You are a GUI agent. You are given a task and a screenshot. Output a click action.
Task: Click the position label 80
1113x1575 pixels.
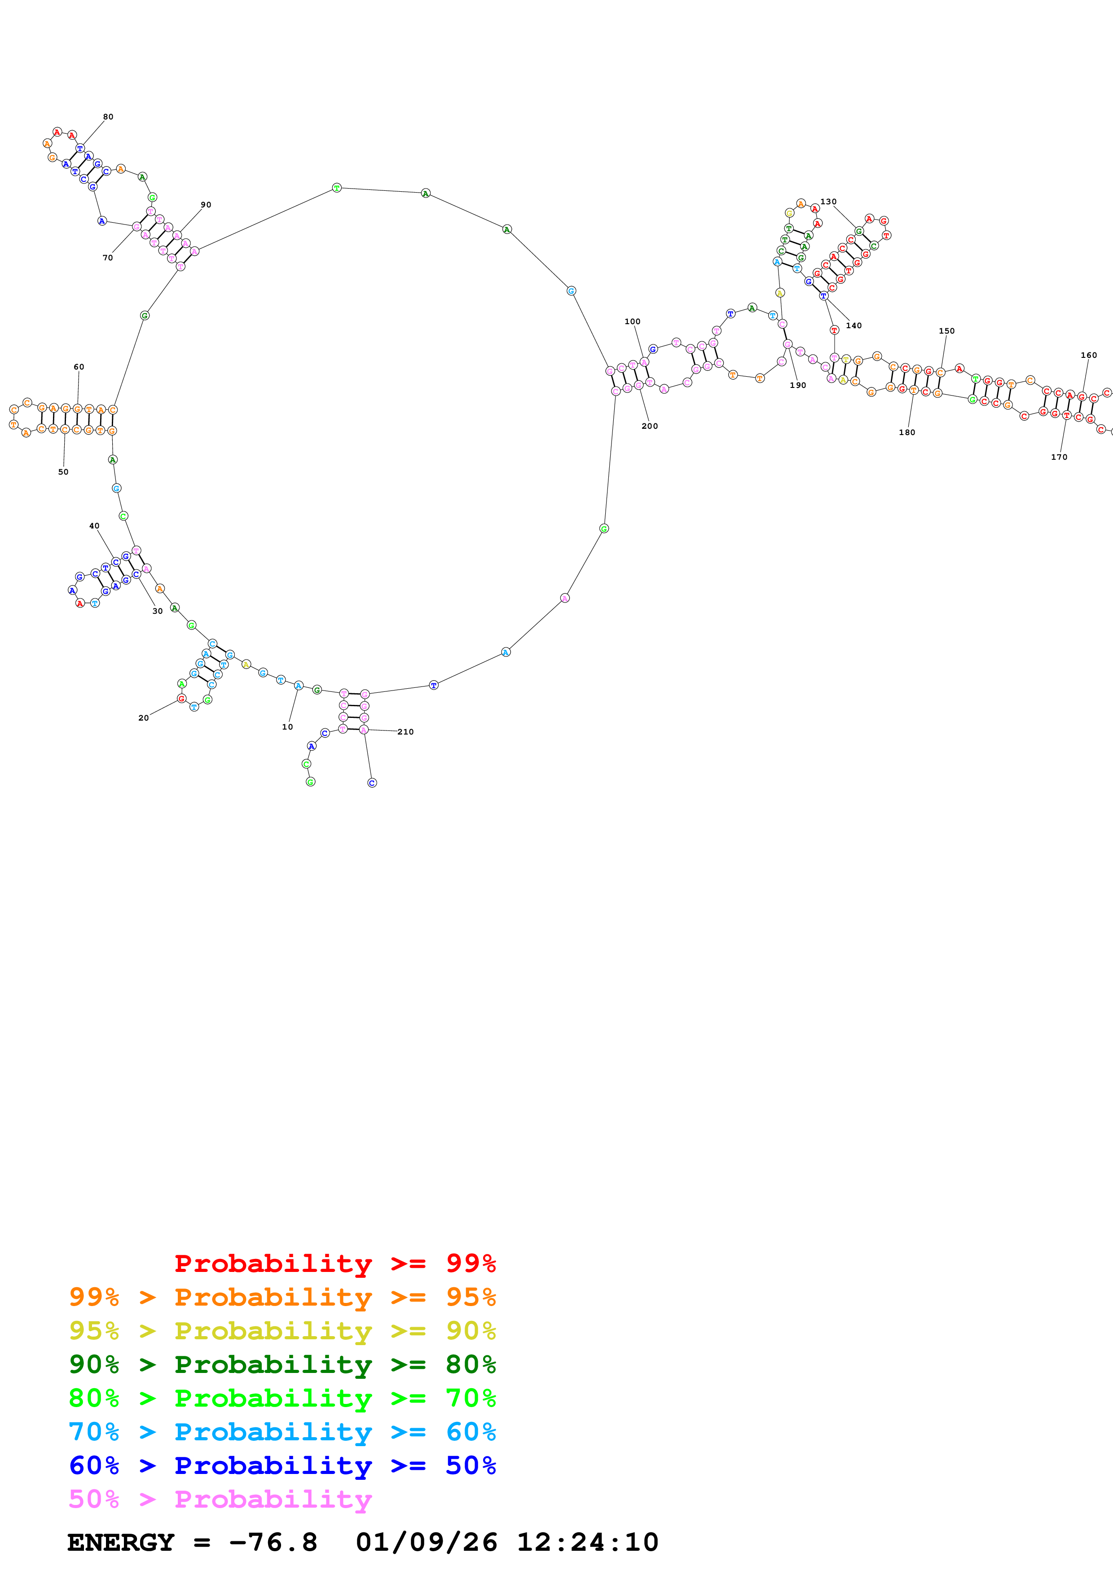(108, 117)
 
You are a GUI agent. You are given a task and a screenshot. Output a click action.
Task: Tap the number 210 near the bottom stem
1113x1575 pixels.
(405, 732)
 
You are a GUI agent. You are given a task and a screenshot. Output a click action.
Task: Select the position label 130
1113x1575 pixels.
(828, 202)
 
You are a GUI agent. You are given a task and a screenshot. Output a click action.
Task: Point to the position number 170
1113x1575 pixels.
(1059, 457)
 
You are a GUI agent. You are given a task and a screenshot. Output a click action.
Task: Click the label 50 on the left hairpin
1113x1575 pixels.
(63, 472)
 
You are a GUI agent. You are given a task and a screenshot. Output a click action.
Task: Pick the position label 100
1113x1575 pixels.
(632, 321)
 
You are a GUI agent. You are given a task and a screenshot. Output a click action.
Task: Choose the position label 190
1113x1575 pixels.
(797, 386)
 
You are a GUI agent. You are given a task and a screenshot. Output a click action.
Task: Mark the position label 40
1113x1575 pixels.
(94, 526)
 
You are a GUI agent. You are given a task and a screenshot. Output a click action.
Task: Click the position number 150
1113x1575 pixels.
(946, 330)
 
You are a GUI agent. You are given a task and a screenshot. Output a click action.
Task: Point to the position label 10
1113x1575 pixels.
(287, 727)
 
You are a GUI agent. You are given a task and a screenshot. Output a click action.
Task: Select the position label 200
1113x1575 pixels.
(649, 426)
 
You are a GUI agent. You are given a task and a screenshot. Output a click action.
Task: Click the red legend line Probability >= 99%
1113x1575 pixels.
(334, 1263)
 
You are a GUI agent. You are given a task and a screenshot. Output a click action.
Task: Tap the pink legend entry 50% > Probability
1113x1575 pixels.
(220, 1500)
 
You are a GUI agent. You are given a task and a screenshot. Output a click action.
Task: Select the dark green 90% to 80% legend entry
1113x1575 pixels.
(282, 1364)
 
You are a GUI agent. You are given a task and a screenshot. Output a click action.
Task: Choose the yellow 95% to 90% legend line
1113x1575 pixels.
(282, 1331)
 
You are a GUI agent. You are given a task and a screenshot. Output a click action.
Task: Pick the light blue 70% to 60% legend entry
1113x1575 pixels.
(282, 1432)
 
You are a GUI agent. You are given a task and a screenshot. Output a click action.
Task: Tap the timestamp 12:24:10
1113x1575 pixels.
(587, 1543)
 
